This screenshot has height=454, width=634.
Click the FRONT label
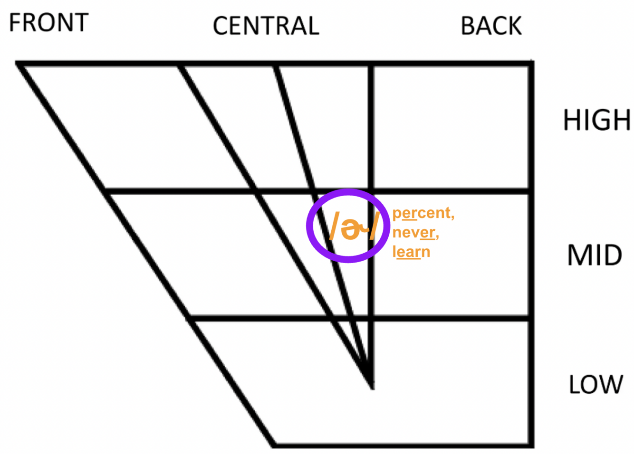click(x=48, y=23)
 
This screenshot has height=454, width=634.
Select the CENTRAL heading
click(x=266, y=26)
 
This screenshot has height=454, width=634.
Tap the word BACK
click(x=491, y=26)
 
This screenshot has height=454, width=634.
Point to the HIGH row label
click(x=597, y=120)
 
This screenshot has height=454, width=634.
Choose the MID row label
click(x=595, y=255)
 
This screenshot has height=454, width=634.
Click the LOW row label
click(x=596, y=385)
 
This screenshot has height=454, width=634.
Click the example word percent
click(x=423, y=213)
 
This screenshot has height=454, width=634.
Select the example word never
click(x=415, y=232)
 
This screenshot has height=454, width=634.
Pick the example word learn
click(x=411, y=252)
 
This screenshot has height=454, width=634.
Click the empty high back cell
click(x=451, y=127)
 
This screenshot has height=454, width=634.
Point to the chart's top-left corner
click(x=18, y=63)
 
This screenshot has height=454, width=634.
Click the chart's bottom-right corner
click(x=531, y=445)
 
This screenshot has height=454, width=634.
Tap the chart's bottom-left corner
click(x=275, y=445)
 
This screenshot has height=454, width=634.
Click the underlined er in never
click(x=427, y=232)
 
